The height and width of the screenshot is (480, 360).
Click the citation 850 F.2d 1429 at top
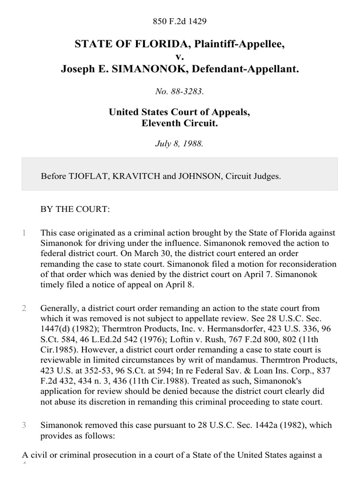[180, 21]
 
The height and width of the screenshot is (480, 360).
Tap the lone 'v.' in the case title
[180, 57]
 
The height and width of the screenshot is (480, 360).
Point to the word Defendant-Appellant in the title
[252, 69]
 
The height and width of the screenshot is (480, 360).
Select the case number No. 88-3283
[180, 92]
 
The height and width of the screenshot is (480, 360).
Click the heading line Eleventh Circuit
[180, 124]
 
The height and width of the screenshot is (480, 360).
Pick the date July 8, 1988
[180, 144]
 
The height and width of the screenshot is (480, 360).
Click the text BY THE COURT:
[75, 210]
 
